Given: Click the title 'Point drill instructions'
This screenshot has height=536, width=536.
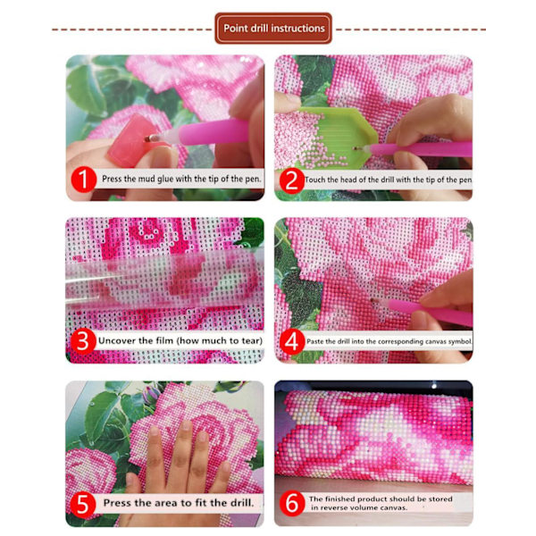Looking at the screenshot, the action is [274, 28].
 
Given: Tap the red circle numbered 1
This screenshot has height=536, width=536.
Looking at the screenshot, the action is [83, 180].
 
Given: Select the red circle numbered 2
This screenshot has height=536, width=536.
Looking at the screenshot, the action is [291, 180].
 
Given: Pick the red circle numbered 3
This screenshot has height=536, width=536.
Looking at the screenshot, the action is [83, 341].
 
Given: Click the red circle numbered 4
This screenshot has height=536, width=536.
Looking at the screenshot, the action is [291, 341].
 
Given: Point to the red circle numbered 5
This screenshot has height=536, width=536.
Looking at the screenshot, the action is [83, 504].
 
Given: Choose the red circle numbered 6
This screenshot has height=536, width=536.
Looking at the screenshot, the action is [291, 504].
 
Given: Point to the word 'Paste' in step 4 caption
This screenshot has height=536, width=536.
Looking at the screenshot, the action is [315, 341].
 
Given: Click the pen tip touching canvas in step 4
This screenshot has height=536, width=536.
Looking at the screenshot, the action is [373, 300].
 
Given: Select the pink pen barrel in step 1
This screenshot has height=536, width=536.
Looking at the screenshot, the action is [213, 132].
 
